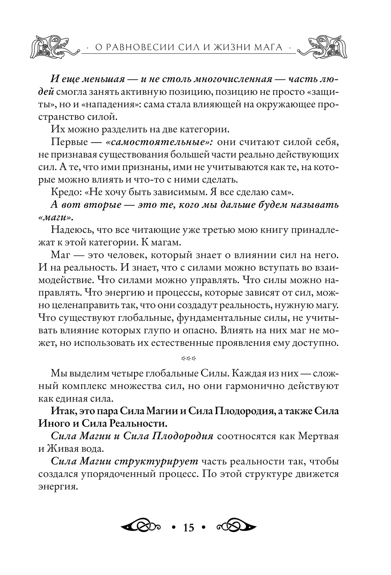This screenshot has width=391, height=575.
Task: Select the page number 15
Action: tap(188, 527)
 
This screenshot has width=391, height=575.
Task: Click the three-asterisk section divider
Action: tap(188, 358)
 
